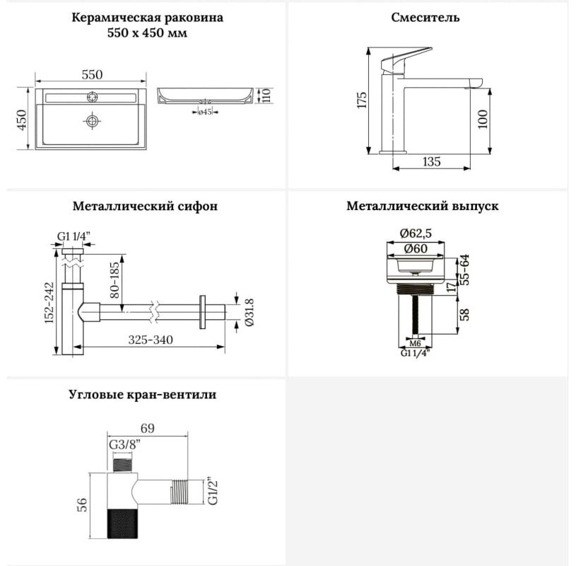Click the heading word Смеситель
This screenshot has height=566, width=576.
425,17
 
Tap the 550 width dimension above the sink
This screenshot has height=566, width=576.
92,75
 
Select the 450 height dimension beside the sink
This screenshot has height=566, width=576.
22,120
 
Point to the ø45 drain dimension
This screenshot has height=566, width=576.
205,112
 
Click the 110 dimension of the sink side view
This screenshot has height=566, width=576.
266,95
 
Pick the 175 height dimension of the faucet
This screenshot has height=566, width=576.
362,100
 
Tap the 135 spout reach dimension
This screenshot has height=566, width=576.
431,161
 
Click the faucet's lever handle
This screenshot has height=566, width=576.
406,59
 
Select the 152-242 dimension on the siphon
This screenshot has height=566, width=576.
49,303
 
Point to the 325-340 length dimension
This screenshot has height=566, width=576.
151,340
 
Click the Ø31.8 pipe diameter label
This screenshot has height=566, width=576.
249,312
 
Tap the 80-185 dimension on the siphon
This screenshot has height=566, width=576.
114,279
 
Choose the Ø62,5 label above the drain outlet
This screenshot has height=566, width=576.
416,233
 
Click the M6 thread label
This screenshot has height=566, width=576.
415,344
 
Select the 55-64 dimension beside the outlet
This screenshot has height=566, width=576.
465,270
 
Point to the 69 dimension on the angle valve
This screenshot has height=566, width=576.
147,428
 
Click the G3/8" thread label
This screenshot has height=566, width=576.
125,444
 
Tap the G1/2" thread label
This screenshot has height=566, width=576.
213,491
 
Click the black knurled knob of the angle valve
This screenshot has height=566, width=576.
122,524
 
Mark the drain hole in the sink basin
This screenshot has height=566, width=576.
92,121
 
